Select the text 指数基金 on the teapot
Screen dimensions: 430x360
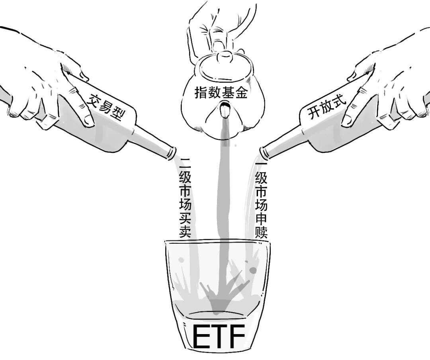coord(221,92)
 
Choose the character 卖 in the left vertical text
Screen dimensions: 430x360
coord(185,232)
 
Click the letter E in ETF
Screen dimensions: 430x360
coord(201,337)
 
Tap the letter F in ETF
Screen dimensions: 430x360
coord(237,337)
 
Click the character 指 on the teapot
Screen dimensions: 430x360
coord(201,92)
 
